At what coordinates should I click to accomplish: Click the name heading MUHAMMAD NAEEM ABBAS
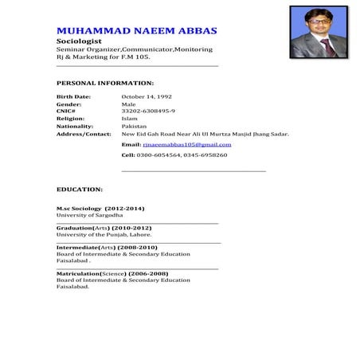(136, 30)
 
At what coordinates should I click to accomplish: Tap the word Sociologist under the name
(77, 41)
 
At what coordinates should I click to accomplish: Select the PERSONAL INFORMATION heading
(105, 82)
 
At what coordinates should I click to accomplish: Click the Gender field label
(68, 104)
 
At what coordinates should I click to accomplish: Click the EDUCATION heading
(79, 190)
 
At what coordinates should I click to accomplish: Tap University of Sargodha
(89, 215)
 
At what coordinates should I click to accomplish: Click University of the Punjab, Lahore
(104, 235)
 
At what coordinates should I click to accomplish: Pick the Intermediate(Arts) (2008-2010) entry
(103, 248)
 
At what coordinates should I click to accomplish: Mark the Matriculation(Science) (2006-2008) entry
(112, 274)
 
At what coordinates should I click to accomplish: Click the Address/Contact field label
(84, 134)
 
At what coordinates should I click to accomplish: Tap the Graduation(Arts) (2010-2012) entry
(104, 228)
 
